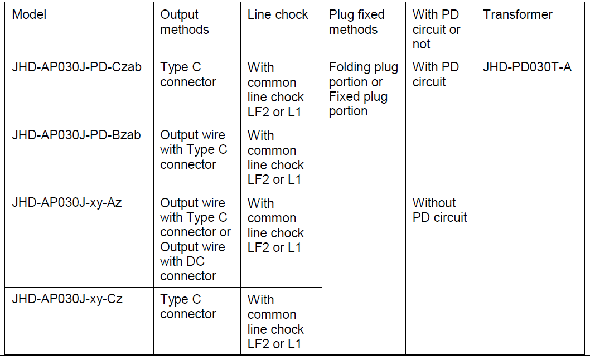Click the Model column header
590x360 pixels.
30,15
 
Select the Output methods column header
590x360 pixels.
185,22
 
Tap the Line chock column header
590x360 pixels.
278,15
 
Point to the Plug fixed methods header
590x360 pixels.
357,22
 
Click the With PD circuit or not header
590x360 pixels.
437,30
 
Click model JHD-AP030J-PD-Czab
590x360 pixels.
77,67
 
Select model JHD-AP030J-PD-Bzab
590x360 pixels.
76,135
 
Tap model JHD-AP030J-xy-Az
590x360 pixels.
67,202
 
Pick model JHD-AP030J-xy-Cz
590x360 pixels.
67,299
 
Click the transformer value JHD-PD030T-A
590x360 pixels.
527,67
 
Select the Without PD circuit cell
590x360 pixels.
440,210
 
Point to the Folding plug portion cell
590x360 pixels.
363,89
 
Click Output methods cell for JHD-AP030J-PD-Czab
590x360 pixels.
188,75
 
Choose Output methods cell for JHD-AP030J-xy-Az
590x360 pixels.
195,239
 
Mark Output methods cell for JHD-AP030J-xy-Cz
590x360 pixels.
188,307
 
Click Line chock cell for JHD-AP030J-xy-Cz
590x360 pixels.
275,322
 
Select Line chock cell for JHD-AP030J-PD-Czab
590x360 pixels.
275,89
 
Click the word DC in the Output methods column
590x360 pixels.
195,261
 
